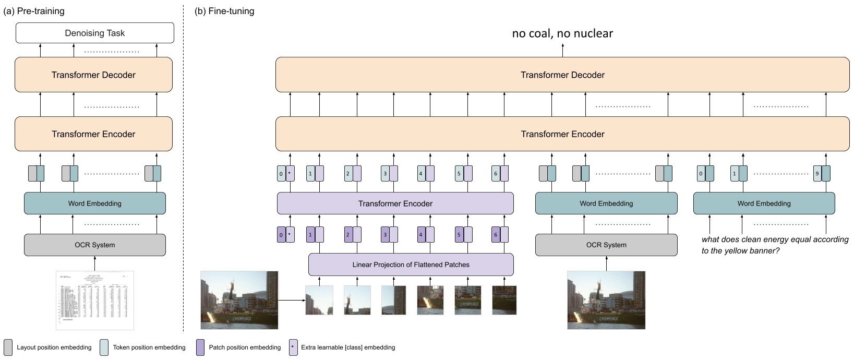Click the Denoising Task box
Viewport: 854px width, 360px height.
94,33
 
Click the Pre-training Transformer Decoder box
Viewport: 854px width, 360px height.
93,75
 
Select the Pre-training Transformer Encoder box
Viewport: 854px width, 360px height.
93,134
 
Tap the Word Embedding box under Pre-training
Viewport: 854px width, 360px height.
94,203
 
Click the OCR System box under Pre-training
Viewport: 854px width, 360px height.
94,245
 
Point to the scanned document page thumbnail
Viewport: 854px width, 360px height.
94,300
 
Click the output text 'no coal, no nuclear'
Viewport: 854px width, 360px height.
562,33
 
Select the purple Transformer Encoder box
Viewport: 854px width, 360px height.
395,203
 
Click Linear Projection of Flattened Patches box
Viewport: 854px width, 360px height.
411,265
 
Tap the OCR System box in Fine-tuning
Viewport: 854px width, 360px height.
606,245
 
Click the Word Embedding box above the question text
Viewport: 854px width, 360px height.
764,203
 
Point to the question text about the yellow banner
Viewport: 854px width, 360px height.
775,245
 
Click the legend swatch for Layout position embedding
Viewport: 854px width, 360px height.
8,347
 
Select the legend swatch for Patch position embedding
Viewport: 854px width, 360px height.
200,347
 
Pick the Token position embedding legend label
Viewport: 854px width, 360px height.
149,347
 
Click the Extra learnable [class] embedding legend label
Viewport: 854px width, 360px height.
348,347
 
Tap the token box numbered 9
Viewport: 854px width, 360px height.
817,174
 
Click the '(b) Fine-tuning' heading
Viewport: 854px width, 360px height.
224,11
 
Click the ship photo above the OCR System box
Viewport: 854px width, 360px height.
606,300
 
